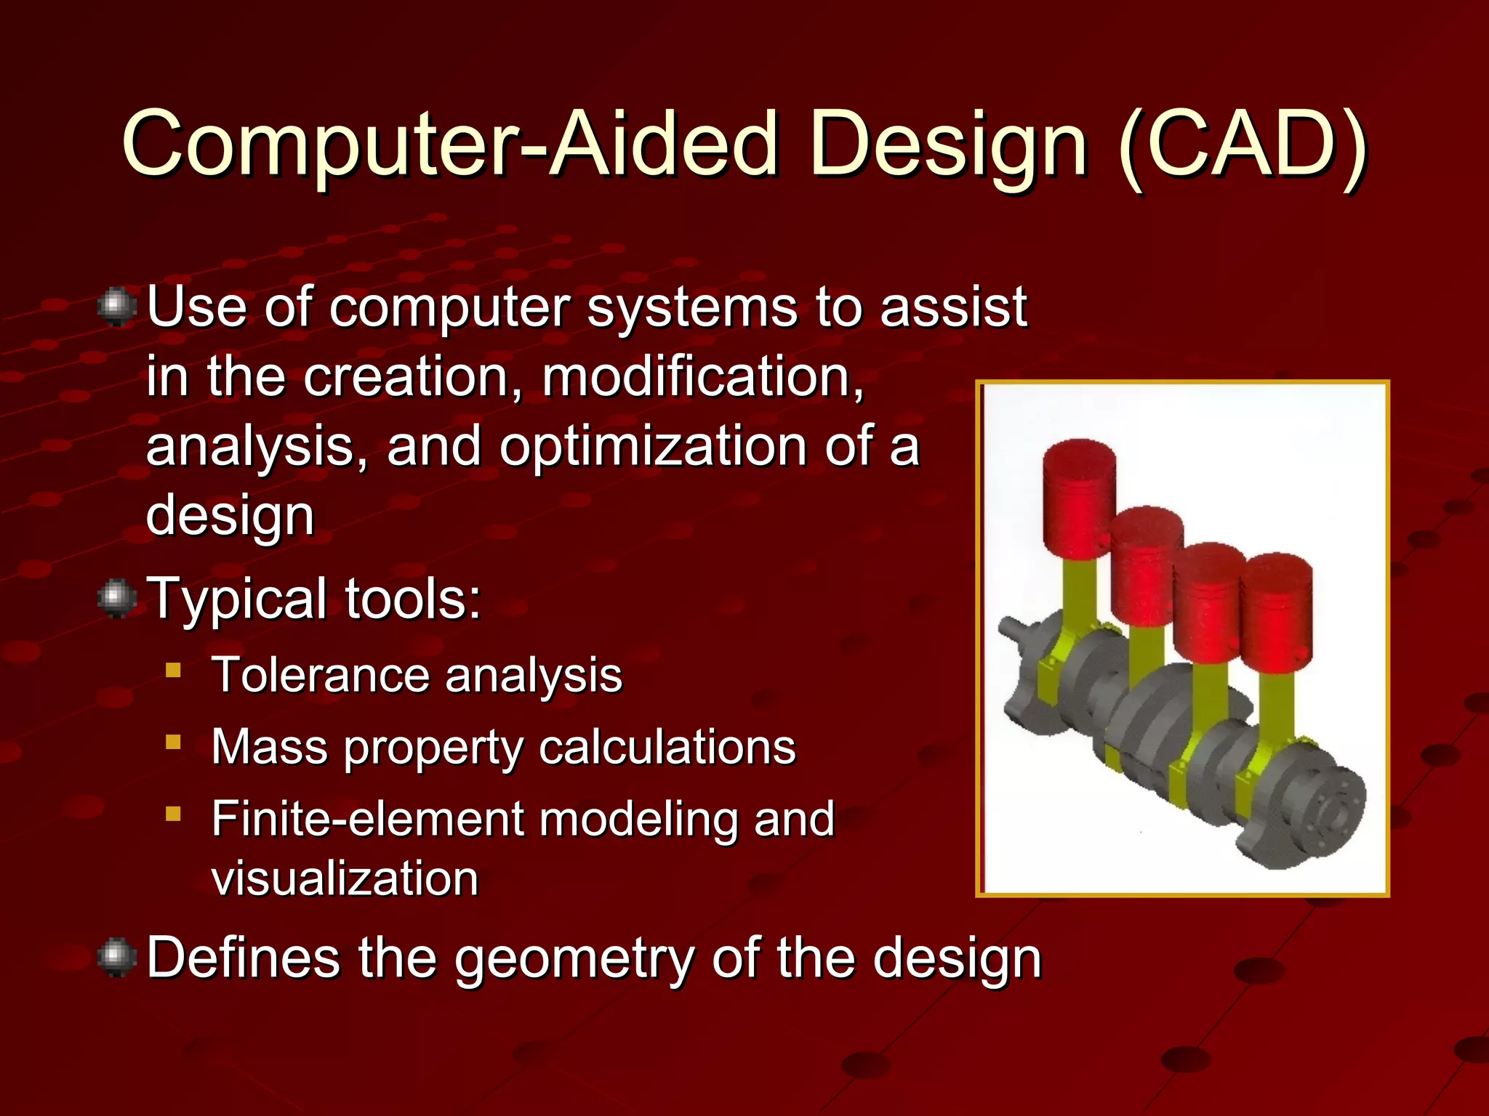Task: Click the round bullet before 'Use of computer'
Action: click(x=116, y=307)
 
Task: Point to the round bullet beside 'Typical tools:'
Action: click(x=116, y=599)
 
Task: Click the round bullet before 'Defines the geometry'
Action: click(x=116, y=958)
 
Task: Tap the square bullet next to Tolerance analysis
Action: click(x=173, y=669)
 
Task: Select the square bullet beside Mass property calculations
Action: click(x=173, y=742)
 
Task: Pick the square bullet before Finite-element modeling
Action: click(x=173, y=813)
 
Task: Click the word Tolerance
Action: click(x=320, y=675)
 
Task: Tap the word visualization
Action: click(x=345, y=878)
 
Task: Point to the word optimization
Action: click(x=652, y=446)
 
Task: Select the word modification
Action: click(x=702, y=377)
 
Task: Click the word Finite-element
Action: click(x=366, y=819)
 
